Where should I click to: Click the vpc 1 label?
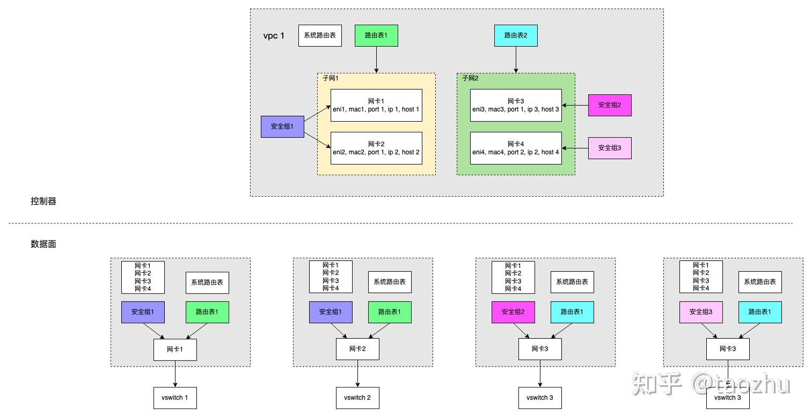(x=274, y=36)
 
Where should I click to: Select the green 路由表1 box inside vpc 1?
(x=376, y=35)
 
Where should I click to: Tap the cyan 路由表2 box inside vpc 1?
(x=516, y=35)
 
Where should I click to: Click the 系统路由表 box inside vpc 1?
(x=320, y=35)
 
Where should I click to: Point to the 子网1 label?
(x=331, y=78)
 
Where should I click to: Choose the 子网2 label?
(x=470, y=78)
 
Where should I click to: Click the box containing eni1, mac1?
(x=376, y=106)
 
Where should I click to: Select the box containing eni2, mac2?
(x=376, y=148)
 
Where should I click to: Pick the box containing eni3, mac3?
(x=516, y=106)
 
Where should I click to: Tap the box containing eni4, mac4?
(x=516, y=148)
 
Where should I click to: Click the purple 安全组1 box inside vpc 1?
(x=282, y=126)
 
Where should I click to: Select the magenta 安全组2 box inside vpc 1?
(x=610, y=106)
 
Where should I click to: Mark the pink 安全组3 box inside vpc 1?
(x=610, y=148)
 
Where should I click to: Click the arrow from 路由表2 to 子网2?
(x=516, y=59)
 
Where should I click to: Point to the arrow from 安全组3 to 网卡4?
(x=575, y=148)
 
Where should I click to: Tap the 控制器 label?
(x=43, y=201)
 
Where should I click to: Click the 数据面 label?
(x=43, y=244)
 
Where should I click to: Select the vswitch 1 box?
(x=175, y=398)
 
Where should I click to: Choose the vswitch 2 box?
(x=357, y=398)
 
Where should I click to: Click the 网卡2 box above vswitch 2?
(x=357, y=349)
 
